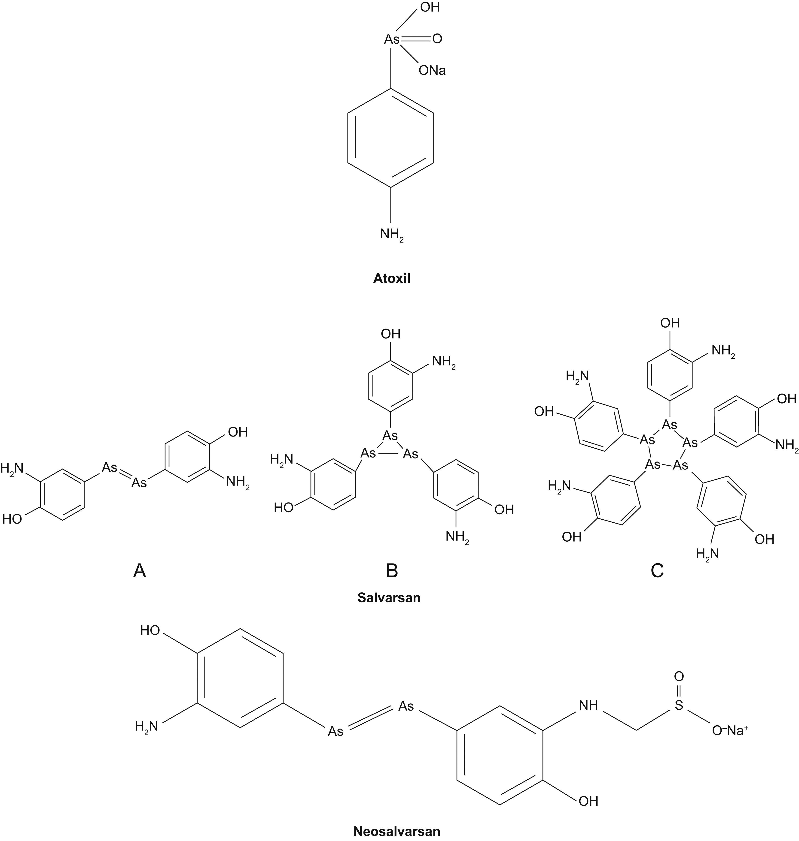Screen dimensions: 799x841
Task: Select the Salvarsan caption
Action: click(389, 597)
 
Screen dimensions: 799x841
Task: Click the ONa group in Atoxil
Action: click(432, 70)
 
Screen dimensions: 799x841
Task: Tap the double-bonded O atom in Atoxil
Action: click(437, 39)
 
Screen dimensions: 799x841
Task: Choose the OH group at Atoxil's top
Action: click(430, 8)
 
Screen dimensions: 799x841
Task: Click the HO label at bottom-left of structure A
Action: click(12, 519)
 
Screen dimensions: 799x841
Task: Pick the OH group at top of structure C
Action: click(670, 323)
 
